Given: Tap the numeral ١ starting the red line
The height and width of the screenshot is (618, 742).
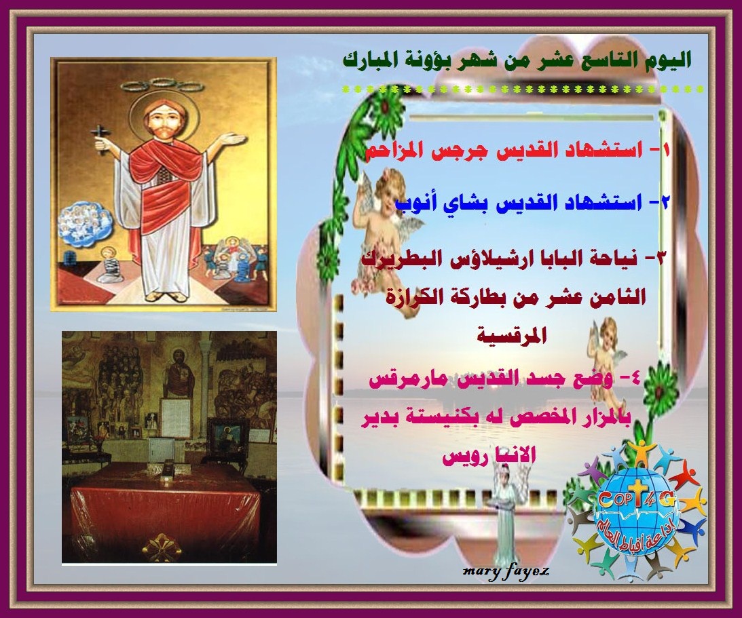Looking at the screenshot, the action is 667,152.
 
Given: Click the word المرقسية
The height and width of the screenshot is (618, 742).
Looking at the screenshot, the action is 511,336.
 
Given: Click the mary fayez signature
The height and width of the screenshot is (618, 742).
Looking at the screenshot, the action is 505,572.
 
